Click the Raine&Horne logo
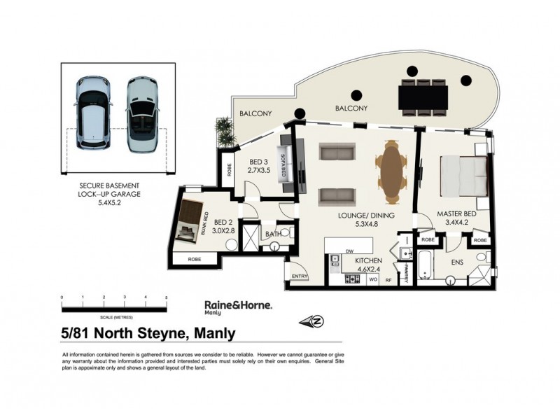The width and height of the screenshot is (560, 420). (237, 307)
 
